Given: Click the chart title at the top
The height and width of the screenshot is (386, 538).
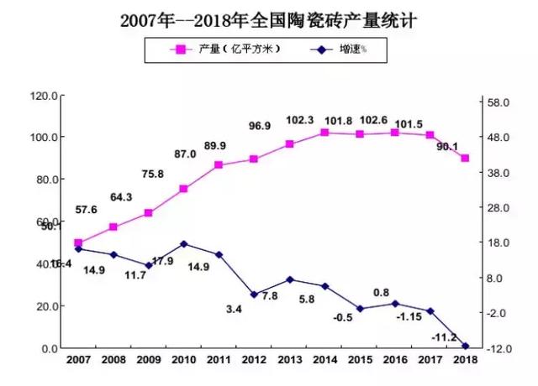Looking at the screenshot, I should click(x=269, y=18).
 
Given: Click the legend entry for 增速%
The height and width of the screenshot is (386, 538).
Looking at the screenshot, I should click(x=336, y=50).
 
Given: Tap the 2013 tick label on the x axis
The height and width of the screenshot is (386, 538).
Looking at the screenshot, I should click(x=289, y=359).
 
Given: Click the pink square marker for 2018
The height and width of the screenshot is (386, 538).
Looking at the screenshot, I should click(x=465, y=159).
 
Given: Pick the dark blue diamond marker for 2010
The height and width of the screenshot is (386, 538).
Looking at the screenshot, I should click(x=183, y=243).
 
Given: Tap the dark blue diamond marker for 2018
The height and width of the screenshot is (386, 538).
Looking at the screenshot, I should click(x=465, y=345).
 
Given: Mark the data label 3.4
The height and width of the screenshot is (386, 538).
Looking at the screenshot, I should click(x=234, y=310).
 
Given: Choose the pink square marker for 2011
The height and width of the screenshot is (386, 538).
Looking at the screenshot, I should click(x=219, y=165).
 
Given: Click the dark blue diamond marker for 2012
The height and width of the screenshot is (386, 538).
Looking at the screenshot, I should click(x=254, y=295).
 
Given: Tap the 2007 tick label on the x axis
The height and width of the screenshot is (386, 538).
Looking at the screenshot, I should click(x=78, y=359).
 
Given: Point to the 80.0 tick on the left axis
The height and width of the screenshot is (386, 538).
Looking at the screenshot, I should click(x=44, y=180).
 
